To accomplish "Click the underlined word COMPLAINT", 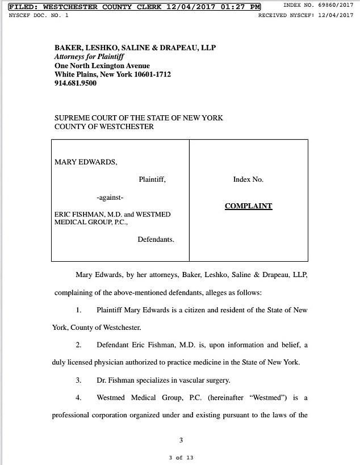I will coord(248,206).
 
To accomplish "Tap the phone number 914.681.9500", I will coord(76,83).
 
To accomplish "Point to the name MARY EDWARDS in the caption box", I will coord(86,162).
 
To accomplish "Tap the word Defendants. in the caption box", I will coord(156,239).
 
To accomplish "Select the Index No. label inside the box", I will coord(248,179).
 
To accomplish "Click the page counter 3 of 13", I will coord(181,458).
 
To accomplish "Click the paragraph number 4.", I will coord(78,397).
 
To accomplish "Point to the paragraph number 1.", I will coord(78,310).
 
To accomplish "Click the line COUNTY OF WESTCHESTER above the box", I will coord(104,127).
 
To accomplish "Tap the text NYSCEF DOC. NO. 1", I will coord(39,15).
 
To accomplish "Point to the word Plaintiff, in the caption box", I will coord(152,179).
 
